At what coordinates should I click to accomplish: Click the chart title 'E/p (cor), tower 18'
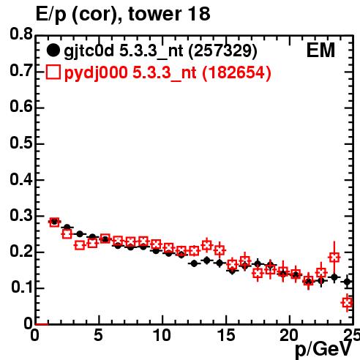tap(123, 14)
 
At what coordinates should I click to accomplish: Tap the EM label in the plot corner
tap(320, 50)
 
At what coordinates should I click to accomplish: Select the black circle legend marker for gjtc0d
tap(53, 50)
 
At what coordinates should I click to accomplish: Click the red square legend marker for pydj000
tap(53, 72)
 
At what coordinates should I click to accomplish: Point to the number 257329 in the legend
tap(222, 50)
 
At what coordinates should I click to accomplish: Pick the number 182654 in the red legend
tap(236, 72)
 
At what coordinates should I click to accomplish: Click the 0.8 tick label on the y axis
tap(21, 34)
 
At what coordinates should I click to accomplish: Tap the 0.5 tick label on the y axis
tap(21, 143)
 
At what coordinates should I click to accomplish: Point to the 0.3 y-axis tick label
tap(21, 215)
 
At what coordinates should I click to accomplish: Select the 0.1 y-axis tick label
tap(21, 288)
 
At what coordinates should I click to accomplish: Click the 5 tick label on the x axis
tap(98, 335)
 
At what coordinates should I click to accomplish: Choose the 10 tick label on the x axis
tap(162, 335)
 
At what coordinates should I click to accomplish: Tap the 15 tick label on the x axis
tap(226, 335)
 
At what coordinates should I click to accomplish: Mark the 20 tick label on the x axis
tap(289, 335)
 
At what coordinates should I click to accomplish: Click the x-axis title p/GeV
tap(323, 350)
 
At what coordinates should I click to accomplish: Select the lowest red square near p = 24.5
tap(348, 303)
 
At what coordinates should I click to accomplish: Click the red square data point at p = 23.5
tap(334, 257)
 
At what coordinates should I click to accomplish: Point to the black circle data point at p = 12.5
tap(194, 263)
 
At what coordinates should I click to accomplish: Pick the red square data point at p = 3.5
tap(80, 245)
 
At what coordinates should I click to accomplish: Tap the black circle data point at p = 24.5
tap(348, 282)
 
